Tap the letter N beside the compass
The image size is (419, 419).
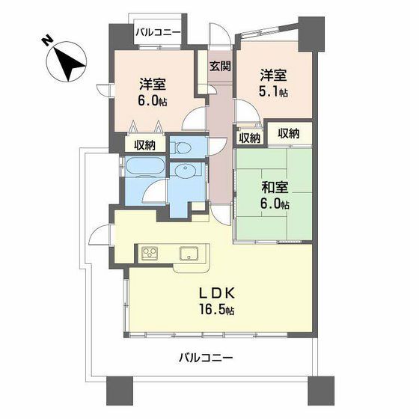click(46, 40)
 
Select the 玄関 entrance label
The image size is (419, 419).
click(220, 66)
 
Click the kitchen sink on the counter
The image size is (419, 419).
click(189, 253)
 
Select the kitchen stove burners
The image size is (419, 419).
click(150, 253)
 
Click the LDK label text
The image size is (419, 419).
click(216, 293)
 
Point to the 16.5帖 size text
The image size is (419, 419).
click(216, 310)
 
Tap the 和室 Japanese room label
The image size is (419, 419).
click(275, 188)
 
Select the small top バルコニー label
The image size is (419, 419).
click(158, 33)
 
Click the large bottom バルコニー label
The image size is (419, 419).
click(206, 358)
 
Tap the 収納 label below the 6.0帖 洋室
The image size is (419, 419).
click(144, 145)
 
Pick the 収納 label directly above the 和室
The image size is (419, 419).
click(289, 133)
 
